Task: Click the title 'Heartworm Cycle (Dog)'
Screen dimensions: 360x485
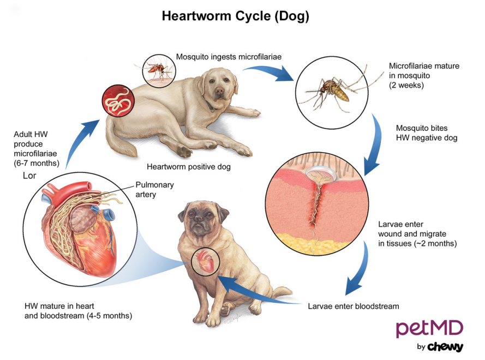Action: (235, 16)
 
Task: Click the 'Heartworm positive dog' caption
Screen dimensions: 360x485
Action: (188, 167)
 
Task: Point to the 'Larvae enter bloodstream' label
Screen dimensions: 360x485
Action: (353, 306)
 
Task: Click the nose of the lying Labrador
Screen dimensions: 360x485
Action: (219, 95)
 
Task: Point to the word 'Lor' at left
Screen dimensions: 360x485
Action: (29, 176)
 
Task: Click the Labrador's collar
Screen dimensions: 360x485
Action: (209, 107)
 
